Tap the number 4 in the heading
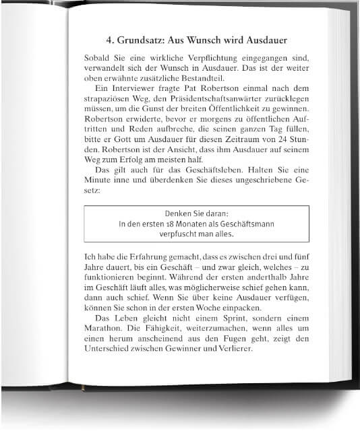click(109, 38)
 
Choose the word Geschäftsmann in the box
click(245, 223)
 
